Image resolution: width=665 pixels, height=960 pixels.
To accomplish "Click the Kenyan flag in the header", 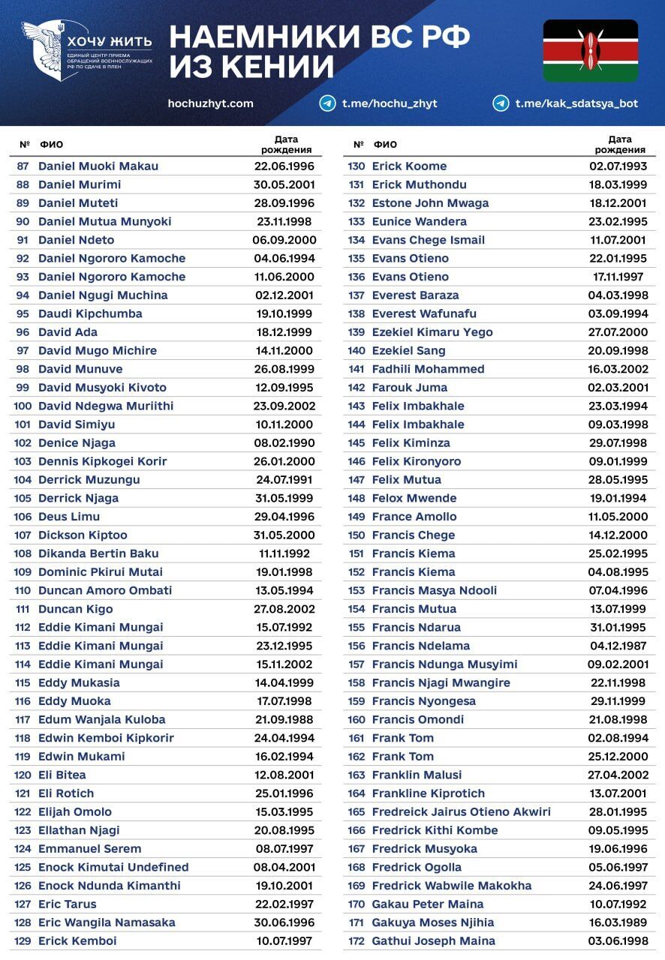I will (590, 50).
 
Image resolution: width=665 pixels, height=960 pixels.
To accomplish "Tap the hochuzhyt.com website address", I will (211, 103).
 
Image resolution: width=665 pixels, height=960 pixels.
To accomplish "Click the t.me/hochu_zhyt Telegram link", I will (390, 103).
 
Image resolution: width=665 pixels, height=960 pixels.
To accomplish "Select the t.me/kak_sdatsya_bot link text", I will (576, 103).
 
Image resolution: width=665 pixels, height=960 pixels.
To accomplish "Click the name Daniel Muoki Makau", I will (98, 166).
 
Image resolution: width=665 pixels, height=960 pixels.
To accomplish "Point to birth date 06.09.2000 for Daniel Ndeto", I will (284, 240).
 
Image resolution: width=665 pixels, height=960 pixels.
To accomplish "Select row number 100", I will (23, 406).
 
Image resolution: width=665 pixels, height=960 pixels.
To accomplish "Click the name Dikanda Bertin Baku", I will (98, 553).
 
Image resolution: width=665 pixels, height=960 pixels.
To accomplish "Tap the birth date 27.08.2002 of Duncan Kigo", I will (284, 609).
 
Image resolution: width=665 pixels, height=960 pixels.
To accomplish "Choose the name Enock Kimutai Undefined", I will (113, 867).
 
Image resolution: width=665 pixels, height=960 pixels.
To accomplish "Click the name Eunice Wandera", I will (419, 221).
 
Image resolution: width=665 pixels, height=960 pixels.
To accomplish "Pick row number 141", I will (357, 369).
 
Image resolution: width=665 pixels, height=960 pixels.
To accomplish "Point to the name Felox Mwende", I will (414, 498).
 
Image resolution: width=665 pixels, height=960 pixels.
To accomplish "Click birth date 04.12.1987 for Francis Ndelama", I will (618, 646).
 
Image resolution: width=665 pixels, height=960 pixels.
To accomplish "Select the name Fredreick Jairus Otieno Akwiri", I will (461, 811).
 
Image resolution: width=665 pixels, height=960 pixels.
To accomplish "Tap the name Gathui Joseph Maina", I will (433, 940).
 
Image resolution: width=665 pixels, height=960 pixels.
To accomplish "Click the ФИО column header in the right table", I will (385, 144).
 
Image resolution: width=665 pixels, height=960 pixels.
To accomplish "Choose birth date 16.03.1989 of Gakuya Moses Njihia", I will (618, 922).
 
